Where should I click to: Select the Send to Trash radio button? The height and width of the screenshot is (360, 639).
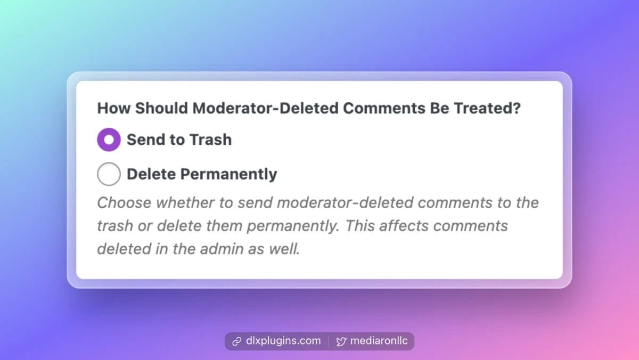coord(109,140)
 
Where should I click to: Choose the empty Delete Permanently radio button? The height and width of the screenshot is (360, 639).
coord(109,174)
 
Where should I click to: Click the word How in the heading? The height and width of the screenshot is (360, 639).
coord(113,108)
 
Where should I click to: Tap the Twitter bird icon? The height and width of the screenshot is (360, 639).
coord(341,341)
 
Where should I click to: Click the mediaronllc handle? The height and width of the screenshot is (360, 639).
coord(379,341)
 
